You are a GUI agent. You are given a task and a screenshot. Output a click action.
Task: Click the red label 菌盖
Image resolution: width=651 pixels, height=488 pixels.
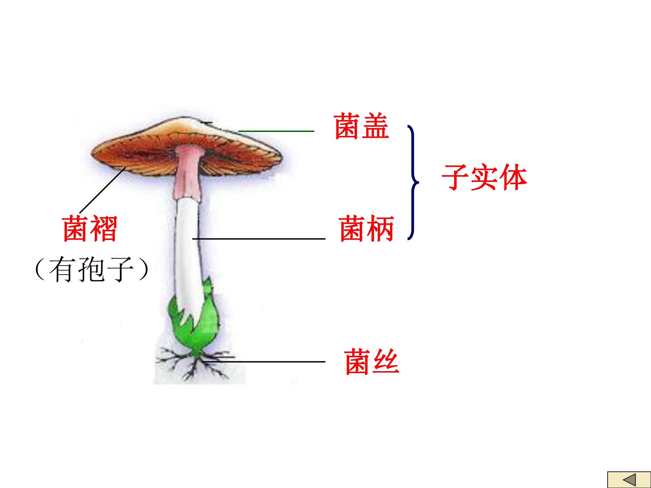click(362, 126)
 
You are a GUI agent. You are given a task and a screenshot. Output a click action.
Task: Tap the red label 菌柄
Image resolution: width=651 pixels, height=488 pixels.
click(366, 229)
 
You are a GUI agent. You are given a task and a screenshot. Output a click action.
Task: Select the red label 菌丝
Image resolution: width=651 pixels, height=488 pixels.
click(371, 361)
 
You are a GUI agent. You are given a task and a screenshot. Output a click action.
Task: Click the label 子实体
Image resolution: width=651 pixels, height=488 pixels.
click(484, 177)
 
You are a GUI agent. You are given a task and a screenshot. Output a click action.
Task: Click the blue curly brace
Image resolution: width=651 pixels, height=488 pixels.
click(413, 182)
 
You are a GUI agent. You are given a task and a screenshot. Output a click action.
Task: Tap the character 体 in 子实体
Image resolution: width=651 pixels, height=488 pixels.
click(513, 177)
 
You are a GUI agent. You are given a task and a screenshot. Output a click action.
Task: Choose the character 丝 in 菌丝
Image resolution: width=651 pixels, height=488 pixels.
click(386, 361)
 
